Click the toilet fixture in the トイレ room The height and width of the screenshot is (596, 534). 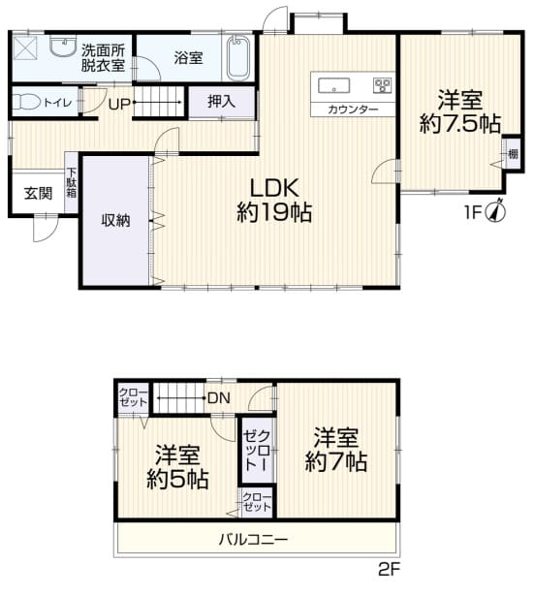click(26, 102)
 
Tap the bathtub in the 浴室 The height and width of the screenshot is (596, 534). click(237, 58)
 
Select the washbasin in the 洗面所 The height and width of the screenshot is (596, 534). click(63, 47)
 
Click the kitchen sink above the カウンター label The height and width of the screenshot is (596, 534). click(333, 85)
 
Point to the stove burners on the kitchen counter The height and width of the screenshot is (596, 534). click(383, 84)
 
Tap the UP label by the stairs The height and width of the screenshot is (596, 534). click(119, 104)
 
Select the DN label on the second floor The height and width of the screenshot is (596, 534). click(219, 398)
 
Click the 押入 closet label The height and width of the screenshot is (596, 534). click(221, 102)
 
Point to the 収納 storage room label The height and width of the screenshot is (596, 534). click(115, 220)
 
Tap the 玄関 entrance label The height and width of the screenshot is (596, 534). click(38, 193)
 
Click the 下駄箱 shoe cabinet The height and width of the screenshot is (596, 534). click(71, 183)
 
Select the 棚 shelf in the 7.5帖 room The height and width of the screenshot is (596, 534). click(513, 154)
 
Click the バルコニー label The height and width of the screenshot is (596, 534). click(253, 540)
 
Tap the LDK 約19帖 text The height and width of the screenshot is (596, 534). click(274, 200)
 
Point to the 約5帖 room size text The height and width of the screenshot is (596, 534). click(177, 480)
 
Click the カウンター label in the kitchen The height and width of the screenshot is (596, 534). click(353, 110)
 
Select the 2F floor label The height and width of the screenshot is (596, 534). click(389, 570)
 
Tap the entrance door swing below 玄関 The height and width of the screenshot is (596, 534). click(46, 229)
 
